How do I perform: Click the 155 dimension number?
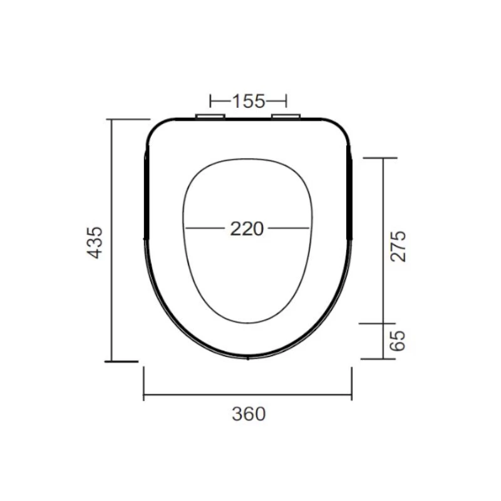249,101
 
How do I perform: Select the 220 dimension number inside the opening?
247,229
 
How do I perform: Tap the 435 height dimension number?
95,242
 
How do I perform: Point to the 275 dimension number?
399,246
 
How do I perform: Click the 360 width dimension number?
248,414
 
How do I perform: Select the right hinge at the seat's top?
287,116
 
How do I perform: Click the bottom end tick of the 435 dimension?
121,361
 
